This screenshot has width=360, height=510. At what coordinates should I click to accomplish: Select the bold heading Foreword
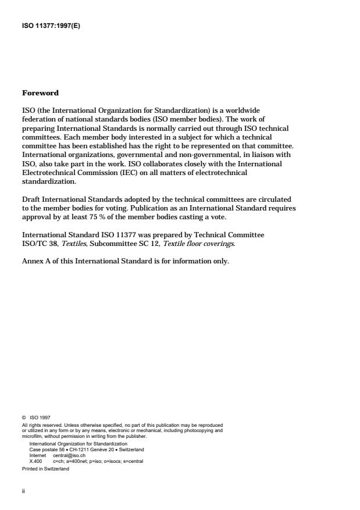tap(40, 93)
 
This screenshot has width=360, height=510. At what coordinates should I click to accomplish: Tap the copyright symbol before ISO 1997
tap(24, 417)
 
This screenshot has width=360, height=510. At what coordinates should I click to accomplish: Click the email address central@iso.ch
tap(69, 455)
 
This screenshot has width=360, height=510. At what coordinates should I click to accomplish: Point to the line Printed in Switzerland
tap(45, 468)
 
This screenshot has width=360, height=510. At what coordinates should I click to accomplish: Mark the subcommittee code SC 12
tap(133, 244)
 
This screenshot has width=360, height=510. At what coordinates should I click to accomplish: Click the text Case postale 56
tap(44, 450)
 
